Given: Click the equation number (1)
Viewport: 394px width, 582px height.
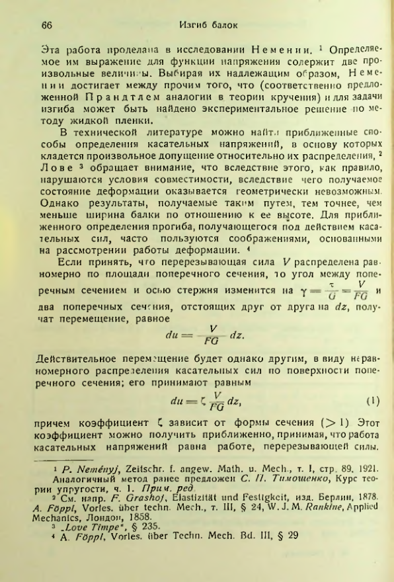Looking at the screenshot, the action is (372, 401).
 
